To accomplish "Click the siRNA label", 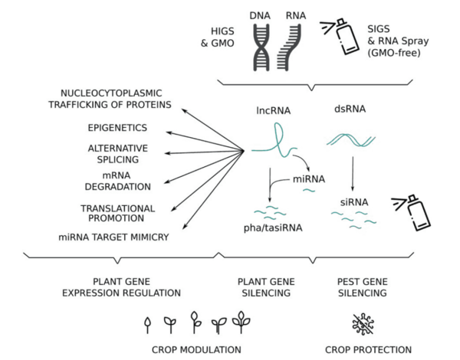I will point(353,202).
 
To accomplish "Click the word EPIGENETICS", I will point(117,127).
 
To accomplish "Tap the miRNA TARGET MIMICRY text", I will point(113,237).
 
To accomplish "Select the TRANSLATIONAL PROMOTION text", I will point(117,213).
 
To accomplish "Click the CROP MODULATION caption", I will point(196,349).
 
